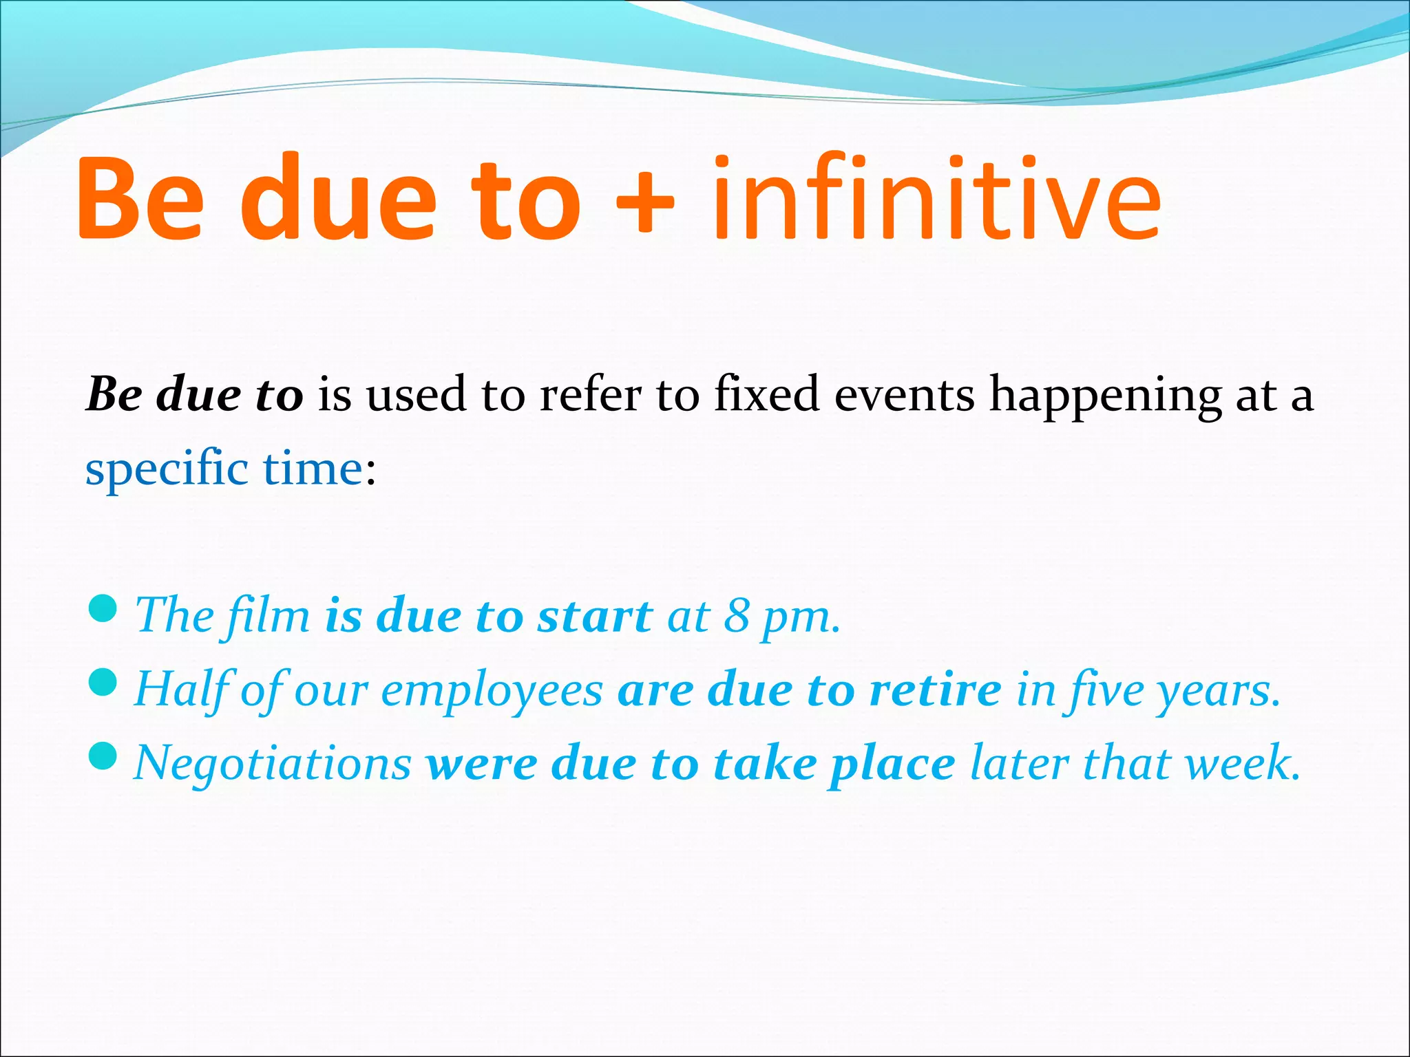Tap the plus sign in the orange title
coord(644,202)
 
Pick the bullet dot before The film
coord(103,608)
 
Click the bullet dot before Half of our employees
coord(103,683)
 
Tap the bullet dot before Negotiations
coord(103,756)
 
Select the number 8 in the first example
coord(736,616)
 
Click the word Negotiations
coord(273,764)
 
